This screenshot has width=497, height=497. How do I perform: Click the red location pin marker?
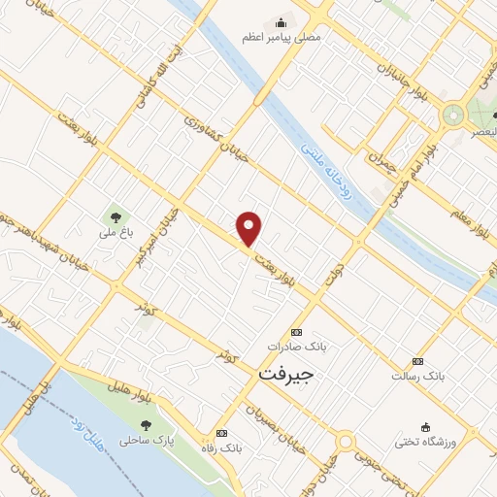[250, 228]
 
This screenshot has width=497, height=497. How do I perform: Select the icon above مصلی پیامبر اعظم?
[282, 22]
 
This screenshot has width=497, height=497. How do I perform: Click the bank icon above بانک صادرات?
[296, 332]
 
